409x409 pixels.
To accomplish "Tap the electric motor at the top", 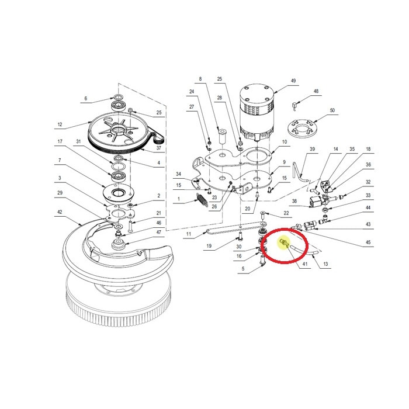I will pyautogui.click(x=256, y=114).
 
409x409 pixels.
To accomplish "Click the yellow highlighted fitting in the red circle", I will pyautogui.click(x=285, y=243).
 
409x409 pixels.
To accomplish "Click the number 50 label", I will pyautogui.click(x=332, y=110).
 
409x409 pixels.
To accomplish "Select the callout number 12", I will pyautogui.click(x=60, y=124).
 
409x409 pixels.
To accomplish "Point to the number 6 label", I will pyautogui.click(x=85, y=98).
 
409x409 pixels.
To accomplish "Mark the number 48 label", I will pyautogui.click(x=316, y=92).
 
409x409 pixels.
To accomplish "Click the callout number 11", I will pyautogui.click(x=189, y=235).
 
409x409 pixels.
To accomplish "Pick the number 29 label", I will pyautogui.click(x=60, y=192).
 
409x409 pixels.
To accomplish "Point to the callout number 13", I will pyautogui.click(x=326, y=264).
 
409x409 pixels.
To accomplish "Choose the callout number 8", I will pyautogui.click(x=200, y=79).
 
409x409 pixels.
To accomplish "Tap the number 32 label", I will pyautogui.click(x=368, y=183).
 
